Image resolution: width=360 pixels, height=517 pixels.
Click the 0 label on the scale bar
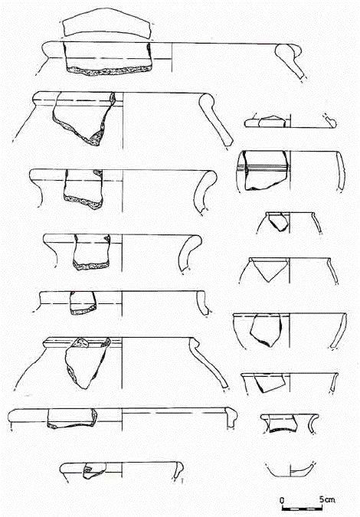coord(282,500)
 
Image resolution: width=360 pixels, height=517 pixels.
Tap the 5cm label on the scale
coord(327,499)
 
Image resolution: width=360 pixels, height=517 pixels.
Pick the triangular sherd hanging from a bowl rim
coord(269,268)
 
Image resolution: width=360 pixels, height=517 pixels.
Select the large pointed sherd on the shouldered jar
coord(87,362)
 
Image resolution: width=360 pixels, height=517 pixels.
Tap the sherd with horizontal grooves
coord(266,170)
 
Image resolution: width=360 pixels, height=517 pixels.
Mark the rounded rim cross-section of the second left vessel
coord(215,118)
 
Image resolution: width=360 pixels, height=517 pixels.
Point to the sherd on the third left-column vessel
coord(83,188)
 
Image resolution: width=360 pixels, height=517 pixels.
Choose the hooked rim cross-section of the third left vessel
coord(205,191)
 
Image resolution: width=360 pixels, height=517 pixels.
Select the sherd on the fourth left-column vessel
coord(91,252)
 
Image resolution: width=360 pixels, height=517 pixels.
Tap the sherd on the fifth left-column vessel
coord(83,303)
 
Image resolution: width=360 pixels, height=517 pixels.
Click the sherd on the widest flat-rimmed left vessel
coord(73,418)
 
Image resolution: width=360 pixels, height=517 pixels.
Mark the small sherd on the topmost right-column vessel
coord(273,122)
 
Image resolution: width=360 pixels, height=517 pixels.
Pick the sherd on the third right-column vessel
coord(277,221)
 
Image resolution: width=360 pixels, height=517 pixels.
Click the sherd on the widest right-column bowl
coord(266,329)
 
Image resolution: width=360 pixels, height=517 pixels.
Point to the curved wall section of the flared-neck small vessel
coord(313,424)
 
